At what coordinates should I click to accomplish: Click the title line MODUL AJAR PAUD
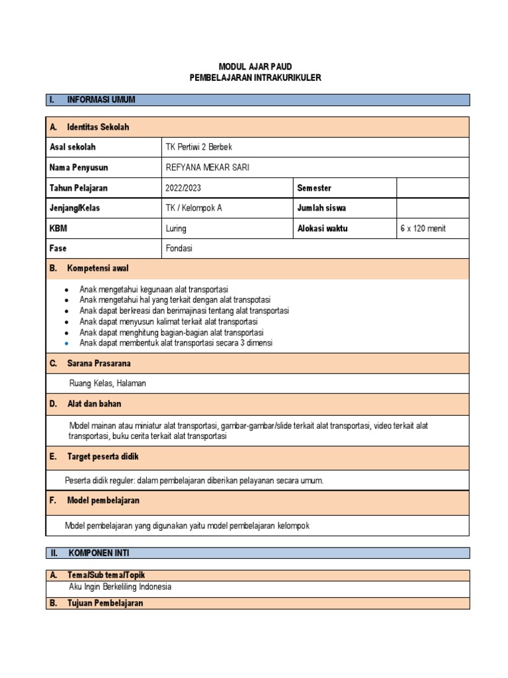(x=255, y=66)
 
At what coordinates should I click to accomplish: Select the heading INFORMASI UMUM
(x=101, y=100)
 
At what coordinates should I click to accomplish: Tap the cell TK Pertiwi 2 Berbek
(x=198, y=147)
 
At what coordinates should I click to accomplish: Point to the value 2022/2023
(x=183, y=188)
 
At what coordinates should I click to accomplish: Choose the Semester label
(x=315, y=188)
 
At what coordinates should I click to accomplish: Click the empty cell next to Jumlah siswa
(x=433, y=208)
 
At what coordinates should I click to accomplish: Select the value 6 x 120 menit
(x=423, y=228)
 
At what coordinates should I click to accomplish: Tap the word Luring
(x=176, y=228)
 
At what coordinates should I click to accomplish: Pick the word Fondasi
(x=179, y=248)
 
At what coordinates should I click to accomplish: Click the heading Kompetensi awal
(x=98, y=268)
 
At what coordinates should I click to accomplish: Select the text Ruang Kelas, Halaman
(x=108, y=383)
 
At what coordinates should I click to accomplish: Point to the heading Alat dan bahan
(x=94, y=403)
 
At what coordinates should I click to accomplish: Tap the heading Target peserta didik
(x=103, y=457)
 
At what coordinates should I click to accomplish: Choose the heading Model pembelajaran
(x=103, y=501)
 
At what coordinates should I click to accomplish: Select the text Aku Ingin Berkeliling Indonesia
(x=120, y=587)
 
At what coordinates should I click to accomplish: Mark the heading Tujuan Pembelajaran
(x=105, y=603)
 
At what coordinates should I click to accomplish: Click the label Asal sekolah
(x=72, y=147)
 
